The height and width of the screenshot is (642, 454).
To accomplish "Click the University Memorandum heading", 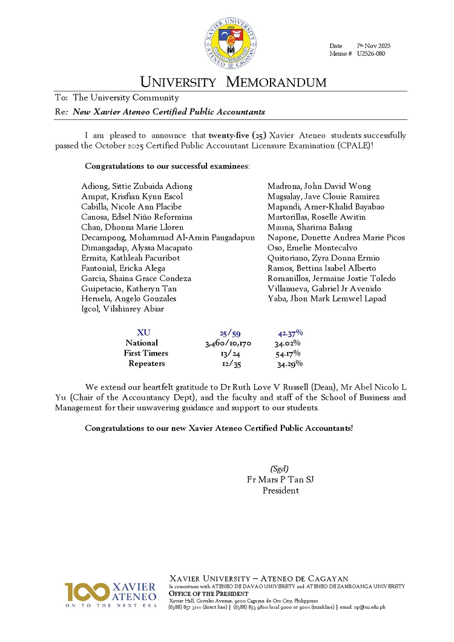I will [233, 82].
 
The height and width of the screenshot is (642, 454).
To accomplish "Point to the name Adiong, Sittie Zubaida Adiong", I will [137, 186].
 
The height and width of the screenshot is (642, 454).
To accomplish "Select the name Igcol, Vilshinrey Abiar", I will [122, 309].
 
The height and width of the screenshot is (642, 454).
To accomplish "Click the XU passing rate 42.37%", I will [290, 333].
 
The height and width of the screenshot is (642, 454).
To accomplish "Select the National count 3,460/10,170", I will [228, 343].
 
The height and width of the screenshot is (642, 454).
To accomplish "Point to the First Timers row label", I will [146, 353].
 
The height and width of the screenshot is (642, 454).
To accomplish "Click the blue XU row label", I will [143, 333].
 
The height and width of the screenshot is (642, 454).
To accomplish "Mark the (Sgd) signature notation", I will [278, 468].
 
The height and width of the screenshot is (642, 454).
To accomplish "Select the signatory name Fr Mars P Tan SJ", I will [280, 480].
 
